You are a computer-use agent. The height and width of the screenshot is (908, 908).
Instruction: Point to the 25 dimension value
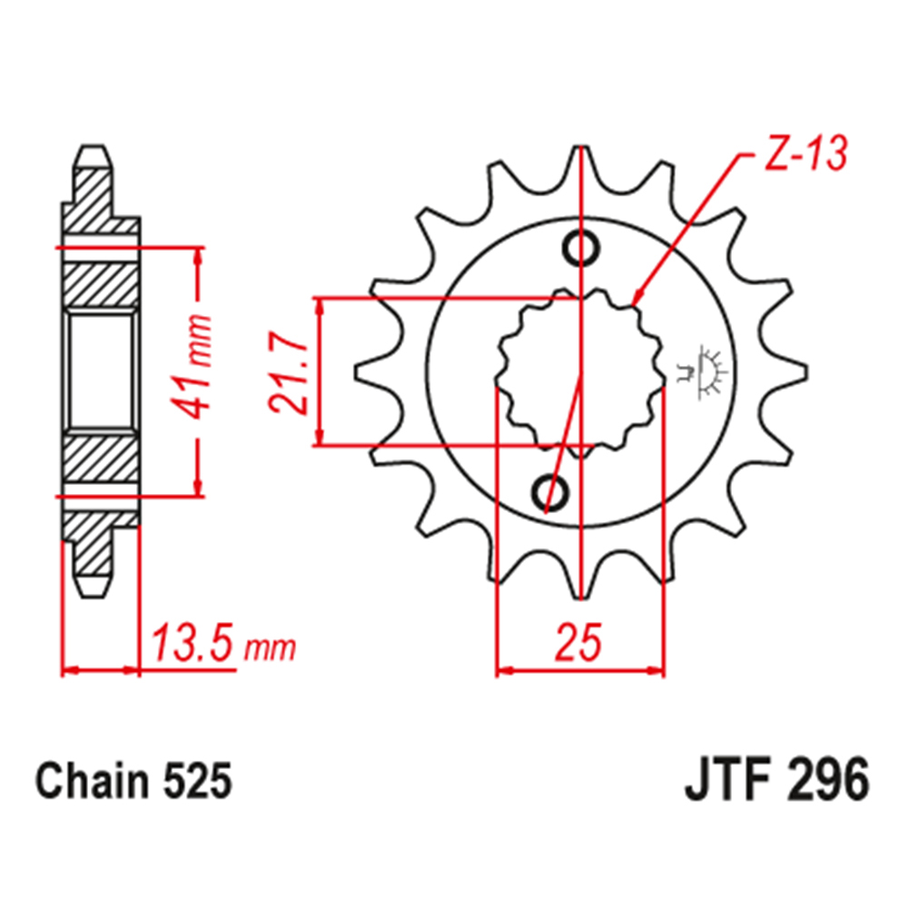(x=579, y=643)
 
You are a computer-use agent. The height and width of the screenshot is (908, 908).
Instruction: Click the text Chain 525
(x=133, y=782)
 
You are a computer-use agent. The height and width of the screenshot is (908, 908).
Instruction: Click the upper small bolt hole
(x=579, y=247)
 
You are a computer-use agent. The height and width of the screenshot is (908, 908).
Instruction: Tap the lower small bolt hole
(x=548, y=493)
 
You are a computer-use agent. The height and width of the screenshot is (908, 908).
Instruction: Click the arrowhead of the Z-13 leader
(x=636, y=299)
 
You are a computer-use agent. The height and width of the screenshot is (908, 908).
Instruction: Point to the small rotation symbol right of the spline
(x=705, y=371)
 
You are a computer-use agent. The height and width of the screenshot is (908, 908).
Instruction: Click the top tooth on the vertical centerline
(x=579, y=159)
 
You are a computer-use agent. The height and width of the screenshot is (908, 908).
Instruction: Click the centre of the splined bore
(x=579, y=371)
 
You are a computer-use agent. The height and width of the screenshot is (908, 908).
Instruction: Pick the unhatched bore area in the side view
(x=101, y=371)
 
